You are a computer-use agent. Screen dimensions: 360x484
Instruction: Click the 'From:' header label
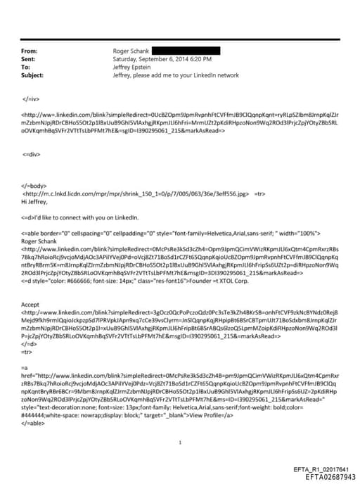[29, 51]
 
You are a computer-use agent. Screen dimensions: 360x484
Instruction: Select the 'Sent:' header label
[29, 59]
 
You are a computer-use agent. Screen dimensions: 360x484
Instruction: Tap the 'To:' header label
[26, 67]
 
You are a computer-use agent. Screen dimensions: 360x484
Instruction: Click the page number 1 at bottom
[181, 442]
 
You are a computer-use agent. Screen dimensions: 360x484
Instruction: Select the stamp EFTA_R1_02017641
[321, 469]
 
